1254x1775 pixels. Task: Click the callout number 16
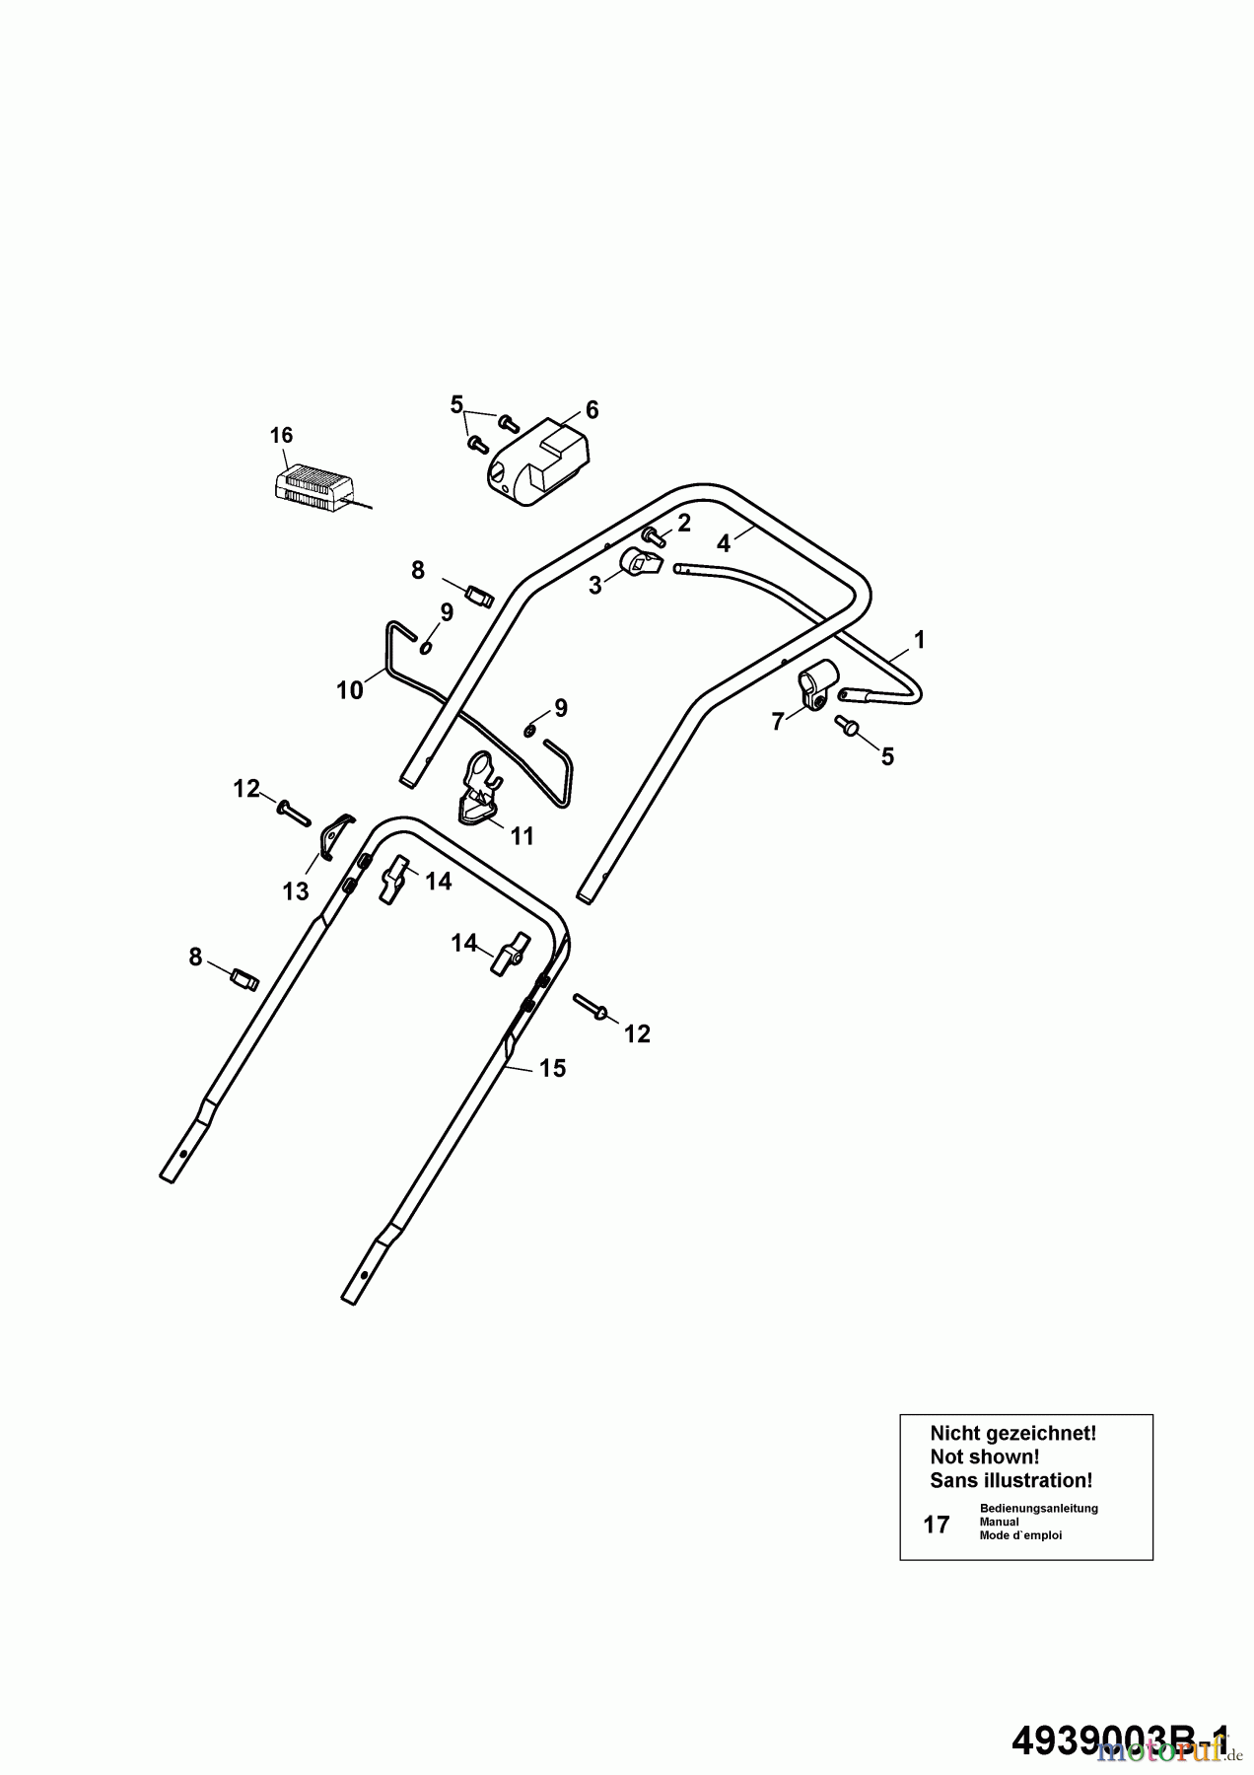click(x=281, y=435)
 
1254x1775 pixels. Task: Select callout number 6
click(x=592, y=410)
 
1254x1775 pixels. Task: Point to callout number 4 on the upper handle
click(x=724, y=543)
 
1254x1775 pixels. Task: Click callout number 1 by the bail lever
click(x=919, y=640)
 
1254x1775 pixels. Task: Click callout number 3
click(x=594, y=586)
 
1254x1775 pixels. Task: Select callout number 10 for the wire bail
click(x=350, y=690)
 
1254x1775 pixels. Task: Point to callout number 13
click(x=296, y=891)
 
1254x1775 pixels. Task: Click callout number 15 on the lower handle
click(x=552, y=1068)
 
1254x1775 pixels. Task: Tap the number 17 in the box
click(x=936, y=1525)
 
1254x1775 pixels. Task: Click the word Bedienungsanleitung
click(x=1038, y=1508)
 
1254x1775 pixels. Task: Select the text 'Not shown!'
click(x=984, y=1456)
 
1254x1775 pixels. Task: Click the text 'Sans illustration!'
click(x=1010, y=1480)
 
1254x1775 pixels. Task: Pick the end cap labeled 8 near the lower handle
click(x=244, y=979)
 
